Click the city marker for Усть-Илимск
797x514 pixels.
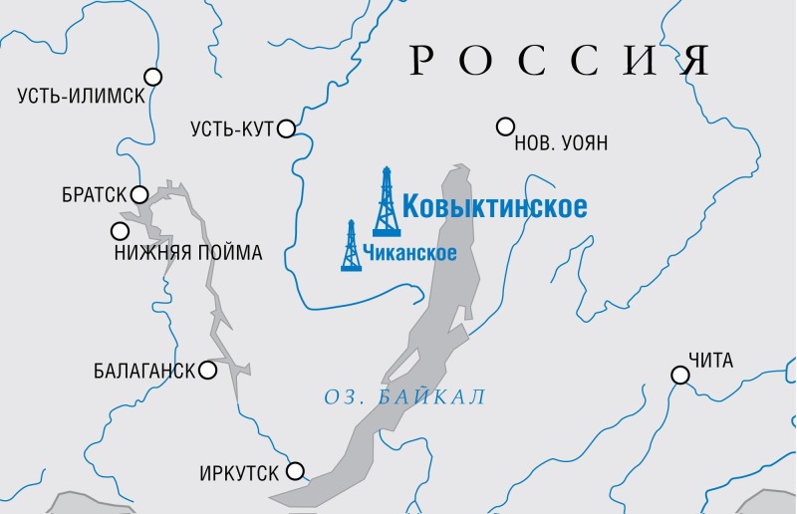(x=153, y=76)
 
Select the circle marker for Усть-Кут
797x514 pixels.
(x=287, y=128)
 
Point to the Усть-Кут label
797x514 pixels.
(x=232, y=128)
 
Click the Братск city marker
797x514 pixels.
(x=140, y=194)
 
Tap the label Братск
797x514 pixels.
(x=95, y=195)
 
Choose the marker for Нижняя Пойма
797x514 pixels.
(x=120, y=231)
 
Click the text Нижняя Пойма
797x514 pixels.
(x=188, y=253)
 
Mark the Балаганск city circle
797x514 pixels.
(x=208, y=371)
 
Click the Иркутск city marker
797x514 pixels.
(x=296, y=471)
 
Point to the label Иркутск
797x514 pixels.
(x=241, y=472)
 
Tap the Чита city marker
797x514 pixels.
(x=679, y=376)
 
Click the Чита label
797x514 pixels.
(x=709, y=360)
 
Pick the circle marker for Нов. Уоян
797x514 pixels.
(x=505, y=127)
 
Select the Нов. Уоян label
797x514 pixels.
(x=560, y=144)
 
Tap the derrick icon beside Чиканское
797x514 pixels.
(x=351, y=246)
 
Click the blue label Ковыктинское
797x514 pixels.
(x=494, y=207)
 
